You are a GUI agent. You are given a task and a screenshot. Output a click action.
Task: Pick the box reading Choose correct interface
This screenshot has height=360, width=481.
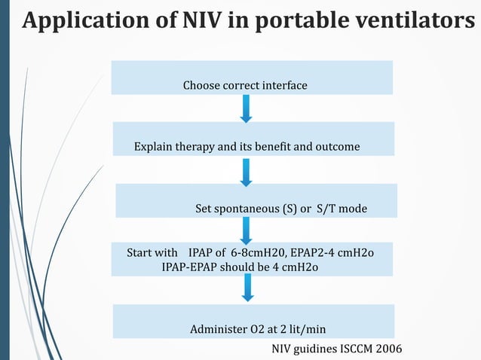pyautogui.click(x=252, y=78)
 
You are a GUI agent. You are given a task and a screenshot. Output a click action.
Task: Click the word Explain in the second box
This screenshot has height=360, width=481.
pyautogui.click(x=154, y=146)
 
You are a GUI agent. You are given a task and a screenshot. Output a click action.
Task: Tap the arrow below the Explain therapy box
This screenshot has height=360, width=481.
pyautogui.click(x=246, y=171)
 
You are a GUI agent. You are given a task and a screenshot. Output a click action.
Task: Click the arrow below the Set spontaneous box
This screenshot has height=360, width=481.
pyautogui.click(x=246, y=230)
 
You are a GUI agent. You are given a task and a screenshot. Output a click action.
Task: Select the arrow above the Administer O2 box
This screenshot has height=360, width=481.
pyautogui.click(x=246, y=286)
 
